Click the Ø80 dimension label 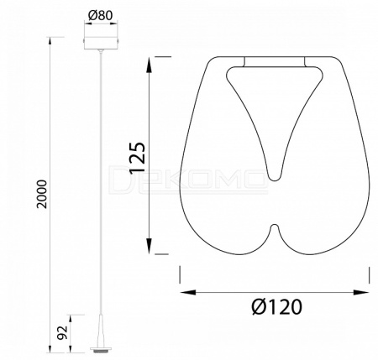tap(100, 16)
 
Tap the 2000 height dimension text tap(42, 194)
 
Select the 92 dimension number tap(63, 332)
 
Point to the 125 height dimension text tap(137, 158)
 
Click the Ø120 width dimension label tap(276, 307)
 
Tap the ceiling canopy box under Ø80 tap(101, 42)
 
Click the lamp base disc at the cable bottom tap(101, 349)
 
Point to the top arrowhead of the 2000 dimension tap(50, 41)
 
